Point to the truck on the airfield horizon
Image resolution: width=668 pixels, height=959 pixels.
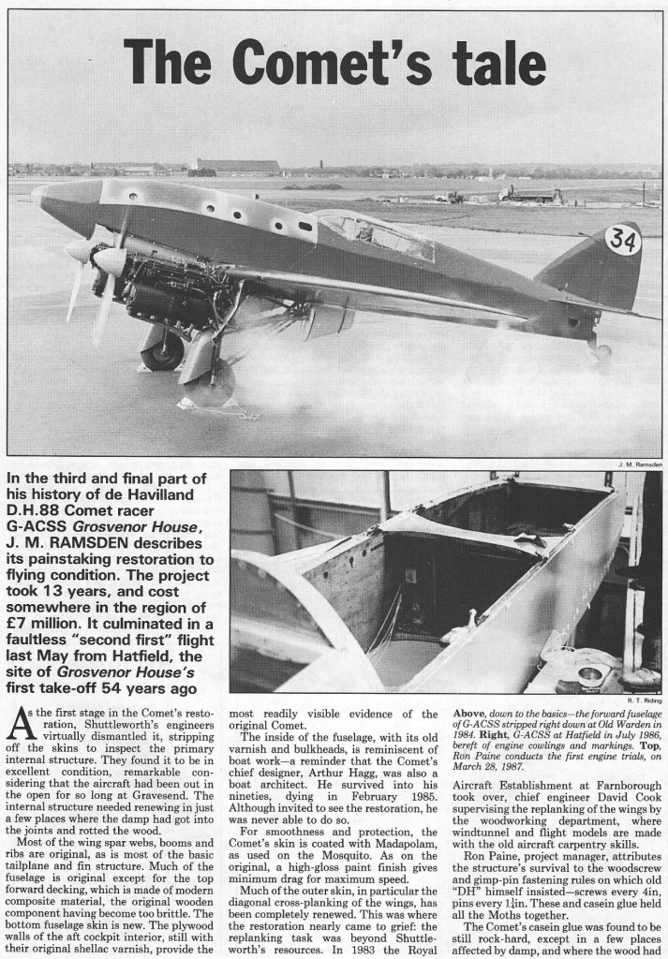point(530,194)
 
